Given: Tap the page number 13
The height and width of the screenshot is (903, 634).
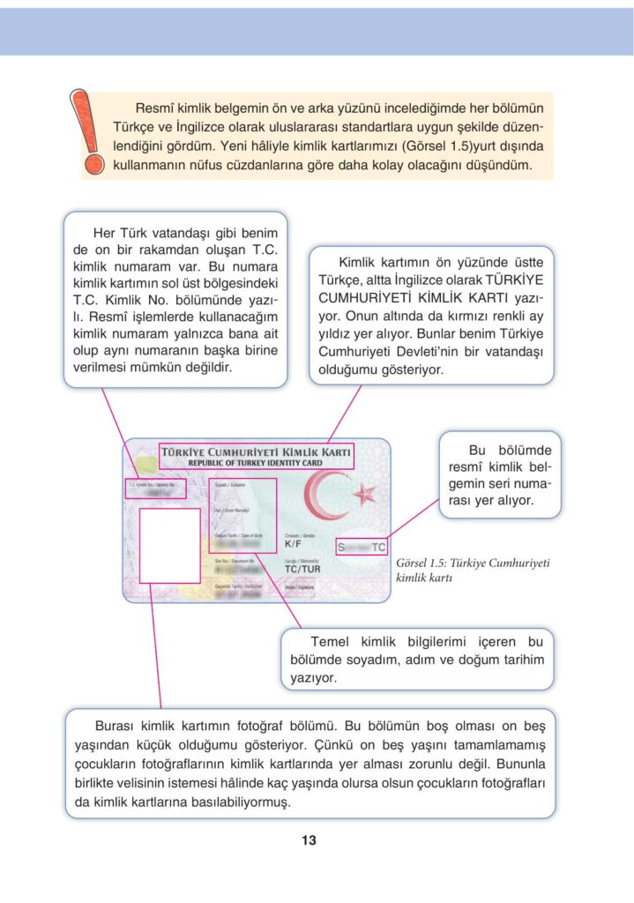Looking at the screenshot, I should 309,840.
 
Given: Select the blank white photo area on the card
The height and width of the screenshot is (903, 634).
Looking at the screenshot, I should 169,545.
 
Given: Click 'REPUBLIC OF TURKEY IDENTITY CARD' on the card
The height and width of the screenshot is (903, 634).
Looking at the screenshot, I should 256,462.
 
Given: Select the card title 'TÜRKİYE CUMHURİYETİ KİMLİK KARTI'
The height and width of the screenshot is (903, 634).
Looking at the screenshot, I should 256,451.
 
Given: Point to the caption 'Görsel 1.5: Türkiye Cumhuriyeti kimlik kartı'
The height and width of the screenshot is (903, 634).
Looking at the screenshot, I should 473,571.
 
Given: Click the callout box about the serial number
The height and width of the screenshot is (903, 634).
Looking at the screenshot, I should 499,474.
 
